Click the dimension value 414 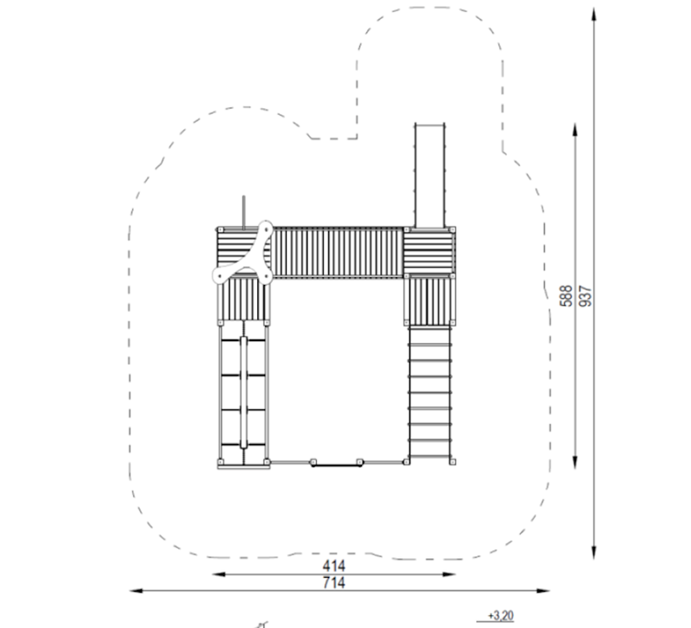coord(333,566)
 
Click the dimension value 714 coord(333,582)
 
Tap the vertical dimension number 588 coord(566,295)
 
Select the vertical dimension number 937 coord(586,295)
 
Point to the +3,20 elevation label coord(501,615)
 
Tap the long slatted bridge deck coord(338,252)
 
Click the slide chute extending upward coord(429,175)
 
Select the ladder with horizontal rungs coord(429,392)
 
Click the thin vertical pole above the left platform coord(244,213)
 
